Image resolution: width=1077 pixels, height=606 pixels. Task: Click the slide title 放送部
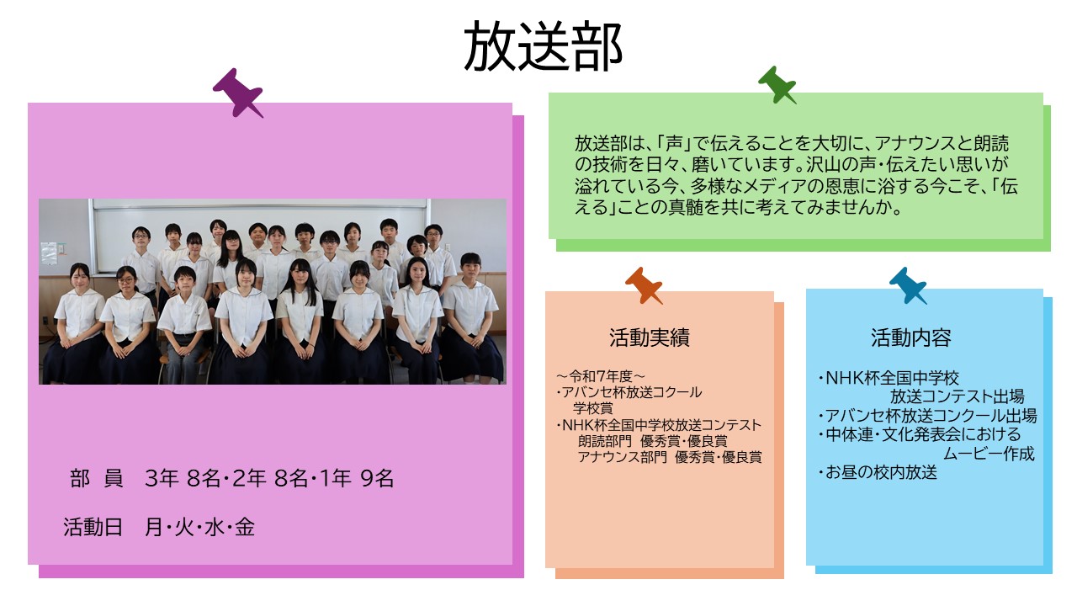pyautogui.click(x=544, y=46)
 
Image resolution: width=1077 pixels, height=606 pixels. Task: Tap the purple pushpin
pyautogui.click(x=238, y=93)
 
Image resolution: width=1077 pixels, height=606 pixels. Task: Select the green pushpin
pyautogui.click(x=777, y=85)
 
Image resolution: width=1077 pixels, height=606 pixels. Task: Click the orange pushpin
pyautogui.click(x=644, y=285)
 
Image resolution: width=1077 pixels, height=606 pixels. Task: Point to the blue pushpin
pyautogui.click(x=908, y=285)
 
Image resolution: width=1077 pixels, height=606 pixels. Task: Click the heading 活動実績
pyautogui.click(x=650, y=338)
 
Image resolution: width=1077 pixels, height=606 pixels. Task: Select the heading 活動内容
pyautogui.click(x=911, y=338)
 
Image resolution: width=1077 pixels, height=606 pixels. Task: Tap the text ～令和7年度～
pyautogui.click(x=601, y=376)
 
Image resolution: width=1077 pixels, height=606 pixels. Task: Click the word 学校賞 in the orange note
pyautogui.click(x=593, y=408)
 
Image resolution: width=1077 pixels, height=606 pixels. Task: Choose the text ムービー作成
pyautogui.click(x=989, y=454)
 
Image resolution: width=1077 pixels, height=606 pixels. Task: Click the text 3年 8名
pyautogui.click(x=183, y=479)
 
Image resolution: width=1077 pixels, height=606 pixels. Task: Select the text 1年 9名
pyautogui.click(x=356, y=479)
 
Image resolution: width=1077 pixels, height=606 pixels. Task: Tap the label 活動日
pyautogui.click(x=93, y=527)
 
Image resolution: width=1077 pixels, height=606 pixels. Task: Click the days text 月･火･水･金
pyautogui.click(x=199, y=527)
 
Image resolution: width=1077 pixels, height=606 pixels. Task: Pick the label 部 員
pyautogui.click(x=97, y=479)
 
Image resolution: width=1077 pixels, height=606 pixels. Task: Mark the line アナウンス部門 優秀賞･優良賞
pyautogui.click(x=670, y=457)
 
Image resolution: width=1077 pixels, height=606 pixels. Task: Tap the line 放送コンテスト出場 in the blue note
pyautogui.click(x=957, y=396)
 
